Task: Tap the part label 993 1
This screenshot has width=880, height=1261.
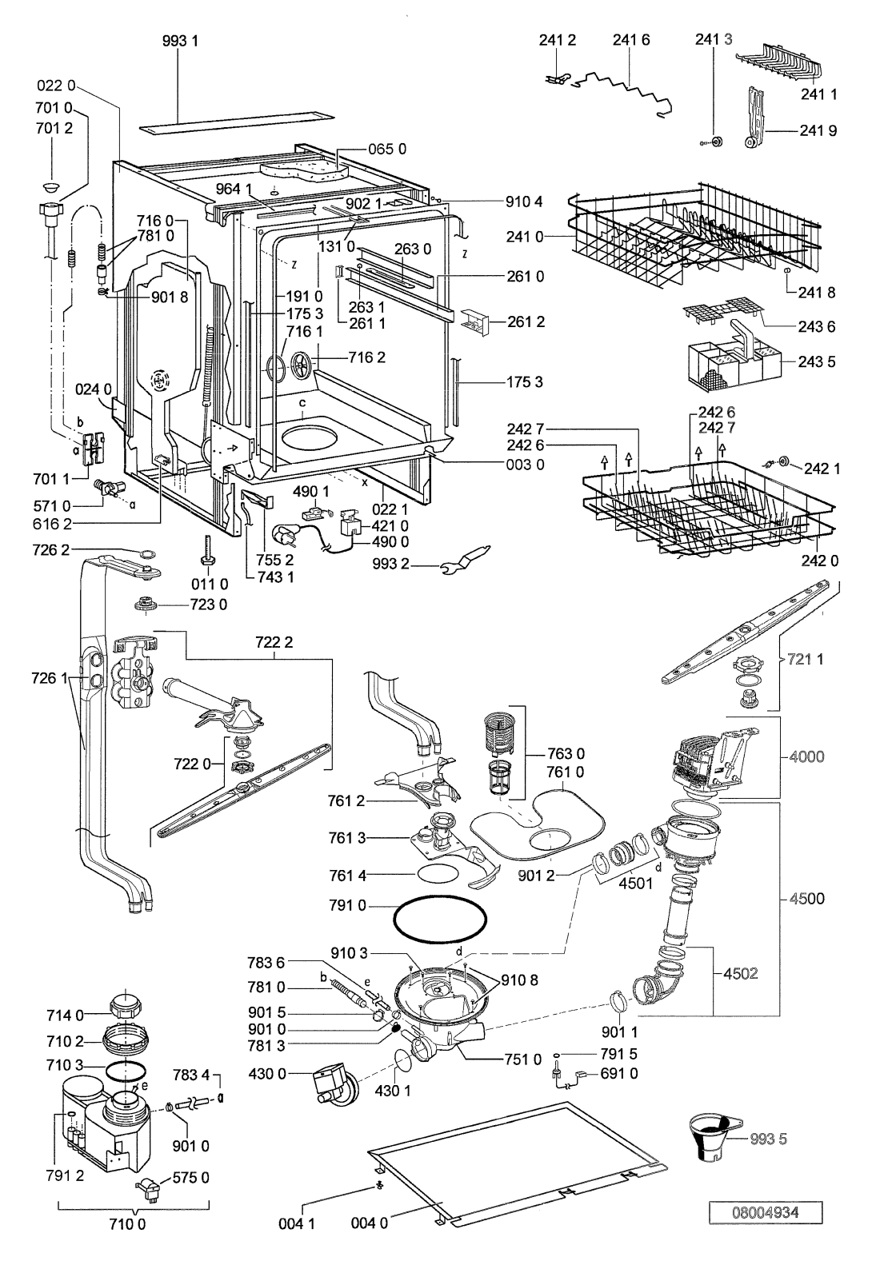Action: pos(180,41)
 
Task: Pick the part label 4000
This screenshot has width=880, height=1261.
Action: pos(806,756)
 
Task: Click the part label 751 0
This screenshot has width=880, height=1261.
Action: pos(523,1059)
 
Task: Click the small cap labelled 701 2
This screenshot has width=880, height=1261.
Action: pos(52,186)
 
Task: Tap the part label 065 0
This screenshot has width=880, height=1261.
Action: pos(387,150)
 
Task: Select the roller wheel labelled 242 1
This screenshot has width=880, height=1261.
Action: pos(781,461)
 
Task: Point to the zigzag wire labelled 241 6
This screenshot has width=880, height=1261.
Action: pos(626,93)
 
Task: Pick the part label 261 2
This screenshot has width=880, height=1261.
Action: pos(526,321)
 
